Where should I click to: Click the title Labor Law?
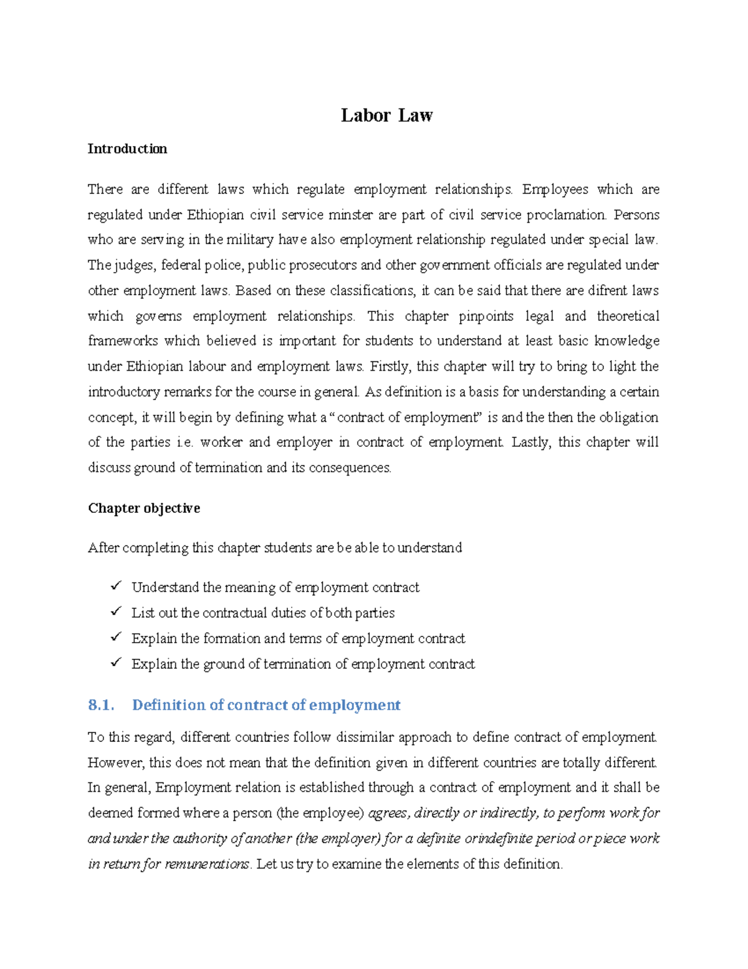(x=386, y=115)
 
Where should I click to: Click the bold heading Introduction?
(x=127, y=149)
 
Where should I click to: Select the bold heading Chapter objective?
(x=144, y=509)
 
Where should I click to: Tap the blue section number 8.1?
(x=101, y=705)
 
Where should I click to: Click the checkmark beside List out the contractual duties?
(x=116, y=612)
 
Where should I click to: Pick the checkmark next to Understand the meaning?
(x=116, y=587)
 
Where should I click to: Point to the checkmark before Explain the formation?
(x=116, y=638)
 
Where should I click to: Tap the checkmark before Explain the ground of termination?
(x=116, y=663)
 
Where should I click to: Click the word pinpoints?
(x=486, y=316)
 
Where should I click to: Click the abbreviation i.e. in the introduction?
(x=186, y=442)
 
